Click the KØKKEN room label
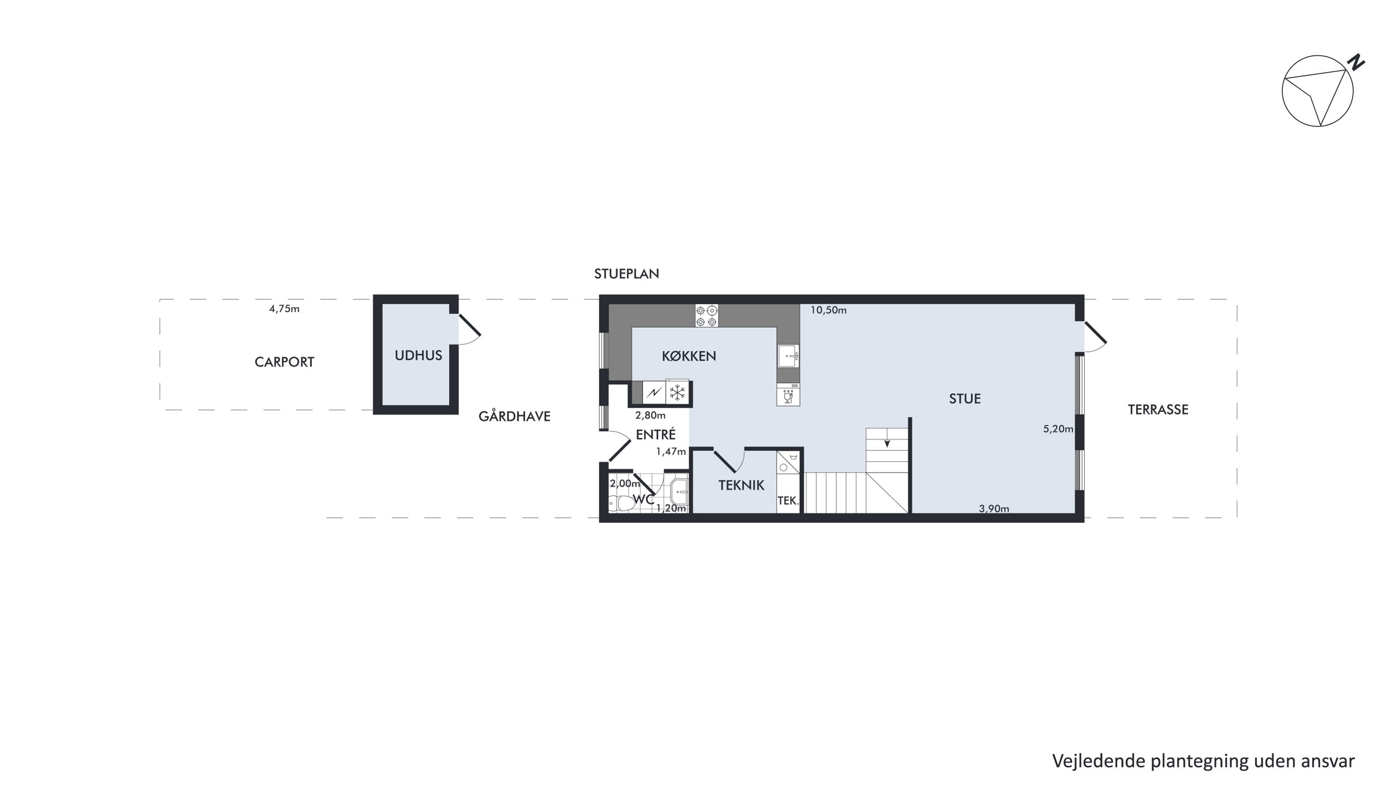689,356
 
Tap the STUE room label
965,399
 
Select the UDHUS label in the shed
418,356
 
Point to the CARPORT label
284,362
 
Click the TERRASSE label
1158,409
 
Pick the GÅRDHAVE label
514,416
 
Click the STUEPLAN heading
626,274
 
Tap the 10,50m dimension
829,310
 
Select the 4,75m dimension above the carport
284,309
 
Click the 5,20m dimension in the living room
1058,429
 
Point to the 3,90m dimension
994,509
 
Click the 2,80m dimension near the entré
651,416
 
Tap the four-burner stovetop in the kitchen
707,316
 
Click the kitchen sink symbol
788,356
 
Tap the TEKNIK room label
741,485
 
